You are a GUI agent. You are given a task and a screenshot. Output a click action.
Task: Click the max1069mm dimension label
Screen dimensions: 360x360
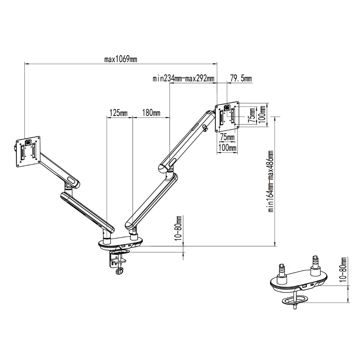[120, 59]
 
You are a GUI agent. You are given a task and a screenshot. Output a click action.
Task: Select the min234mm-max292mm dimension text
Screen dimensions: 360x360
[184, 79]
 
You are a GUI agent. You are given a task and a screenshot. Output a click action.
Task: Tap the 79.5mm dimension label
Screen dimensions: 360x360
[241, 79]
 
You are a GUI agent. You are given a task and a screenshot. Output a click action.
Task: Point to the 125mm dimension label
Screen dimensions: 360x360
[118, 113]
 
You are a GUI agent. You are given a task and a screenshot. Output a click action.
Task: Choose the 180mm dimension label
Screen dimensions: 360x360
[151, 113]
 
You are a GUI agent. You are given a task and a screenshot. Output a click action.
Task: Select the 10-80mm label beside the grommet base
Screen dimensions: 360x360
[344, 269]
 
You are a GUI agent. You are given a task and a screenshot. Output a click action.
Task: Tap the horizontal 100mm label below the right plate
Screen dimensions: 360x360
[227, 148]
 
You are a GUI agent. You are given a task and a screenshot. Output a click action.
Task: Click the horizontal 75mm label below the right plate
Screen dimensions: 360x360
[227, 137]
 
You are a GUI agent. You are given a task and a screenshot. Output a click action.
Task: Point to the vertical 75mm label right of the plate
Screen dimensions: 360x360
[252, 115]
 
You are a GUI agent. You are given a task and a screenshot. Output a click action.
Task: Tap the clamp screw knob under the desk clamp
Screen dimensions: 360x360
[119, 271]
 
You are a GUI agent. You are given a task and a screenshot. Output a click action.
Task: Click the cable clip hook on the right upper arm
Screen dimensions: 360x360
[205, 128]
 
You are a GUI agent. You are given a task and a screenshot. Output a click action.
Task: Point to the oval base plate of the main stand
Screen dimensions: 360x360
[120, 244]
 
